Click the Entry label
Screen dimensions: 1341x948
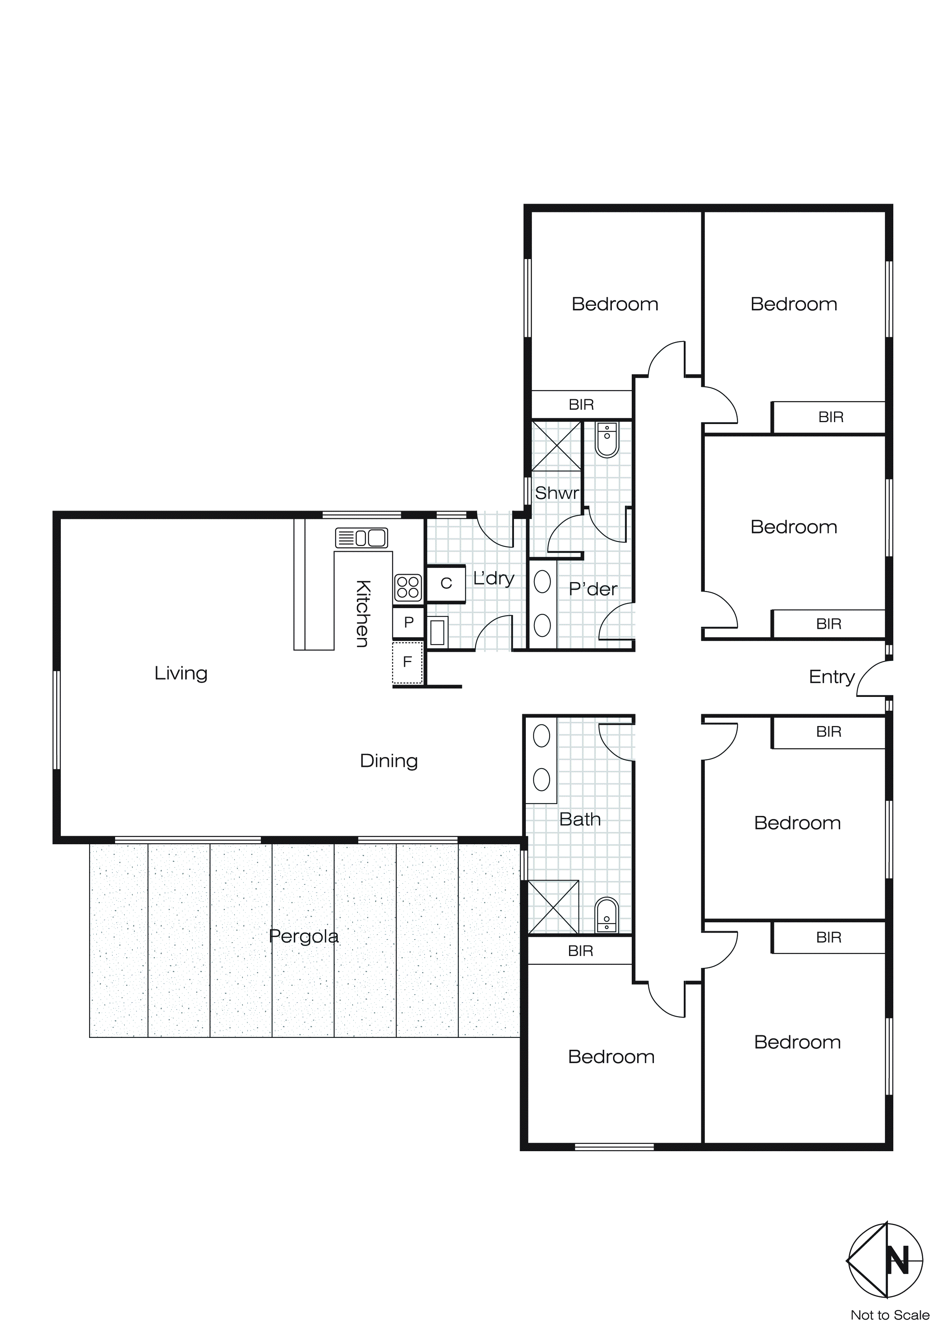831,677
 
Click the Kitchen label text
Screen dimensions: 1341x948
362,613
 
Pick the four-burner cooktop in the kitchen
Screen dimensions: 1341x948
407,587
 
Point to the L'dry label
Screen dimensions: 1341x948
493,578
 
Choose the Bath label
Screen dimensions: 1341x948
580,819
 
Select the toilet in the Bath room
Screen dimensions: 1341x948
607,916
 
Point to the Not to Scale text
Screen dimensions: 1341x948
889,1315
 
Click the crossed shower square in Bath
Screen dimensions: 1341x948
553,907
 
